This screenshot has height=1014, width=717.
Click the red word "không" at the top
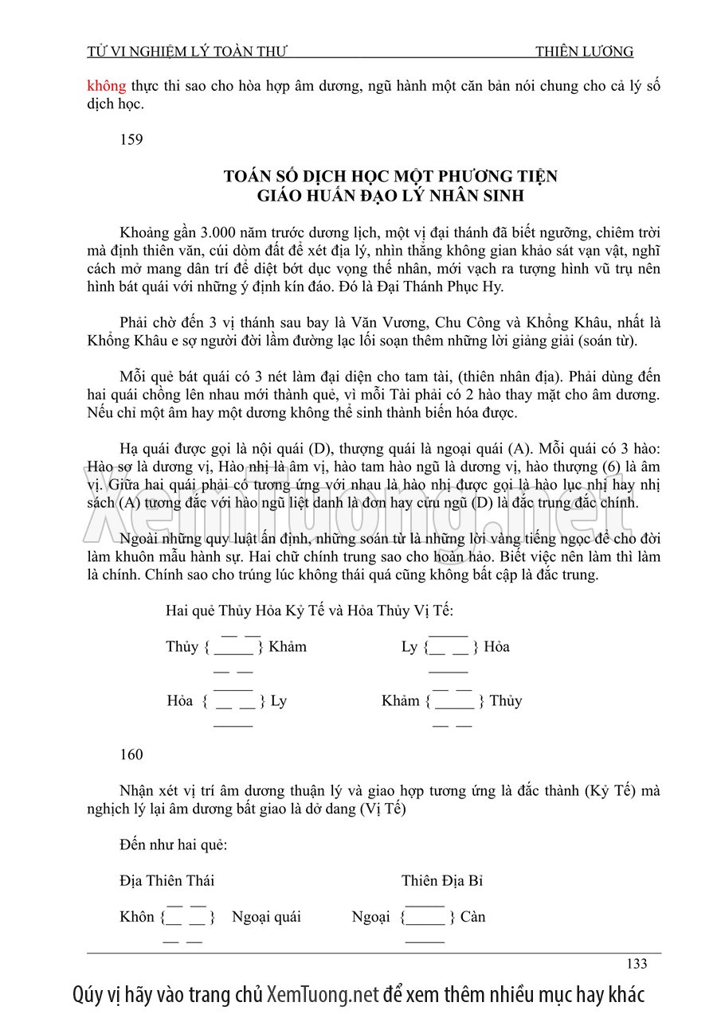pos(102,86)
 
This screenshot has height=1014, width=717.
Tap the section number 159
pos(131,140)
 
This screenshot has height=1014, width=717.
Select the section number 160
pos(131,755)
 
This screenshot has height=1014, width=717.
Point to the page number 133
pos(637,964)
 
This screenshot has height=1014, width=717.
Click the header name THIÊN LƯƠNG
pos(584,53)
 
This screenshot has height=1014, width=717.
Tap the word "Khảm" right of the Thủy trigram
pos(288,646)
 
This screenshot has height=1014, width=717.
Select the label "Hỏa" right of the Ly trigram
pos(496,646)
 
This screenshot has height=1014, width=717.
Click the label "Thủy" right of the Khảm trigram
pos(506,700)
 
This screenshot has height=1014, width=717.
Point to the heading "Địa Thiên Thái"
pos(167,880)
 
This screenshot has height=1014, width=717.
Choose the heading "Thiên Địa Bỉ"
pos(442,880)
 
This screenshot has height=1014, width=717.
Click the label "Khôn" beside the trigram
pos(137,917)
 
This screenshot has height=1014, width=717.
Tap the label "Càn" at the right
pos(472,917)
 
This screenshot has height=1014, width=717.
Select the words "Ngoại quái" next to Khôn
pos(266,917)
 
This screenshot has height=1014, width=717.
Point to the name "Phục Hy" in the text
pos(478,287)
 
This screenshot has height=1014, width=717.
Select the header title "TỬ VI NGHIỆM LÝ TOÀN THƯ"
pos(186,53)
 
